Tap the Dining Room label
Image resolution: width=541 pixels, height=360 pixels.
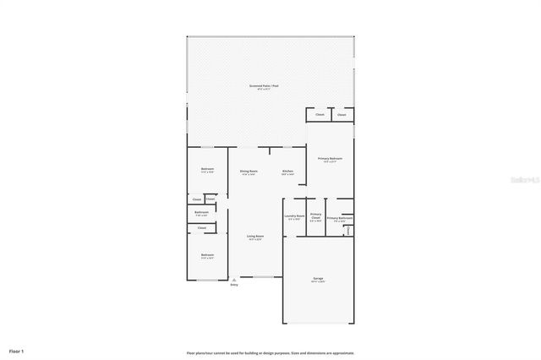click(x=249, y=172)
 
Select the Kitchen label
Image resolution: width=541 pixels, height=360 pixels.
click(x=287, y=172)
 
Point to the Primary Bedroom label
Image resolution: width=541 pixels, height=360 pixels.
click(x=330, y=159)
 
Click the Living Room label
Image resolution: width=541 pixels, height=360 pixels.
click(x=254, y=237)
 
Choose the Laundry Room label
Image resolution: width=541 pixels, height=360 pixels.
click(x=293, y=215)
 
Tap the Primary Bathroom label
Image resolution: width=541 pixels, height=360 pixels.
click(x=340, y=219)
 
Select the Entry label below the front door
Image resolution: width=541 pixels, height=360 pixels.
click(x=234, y=285)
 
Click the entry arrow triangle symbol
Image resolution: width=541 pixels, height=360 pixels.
click(x=234, y=280)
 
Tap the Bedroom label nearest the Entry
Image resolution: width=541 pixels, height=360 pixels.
click(x=207, y=255)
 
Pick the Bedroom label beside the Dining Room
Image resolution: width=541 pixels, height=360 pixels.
click(x=207, y=170)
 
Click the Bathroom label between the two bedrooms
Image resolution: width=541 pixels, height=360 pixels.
click(x=201, y=213)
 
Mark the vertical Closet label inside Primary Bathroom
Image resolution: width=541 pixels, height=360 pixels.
click(x=348, y=231)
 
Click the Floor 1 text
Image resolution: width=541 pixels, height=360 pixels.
click(x=17, y=350)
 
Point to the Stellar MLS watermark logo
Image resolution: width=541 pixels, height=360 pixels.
click(x=519, y=180)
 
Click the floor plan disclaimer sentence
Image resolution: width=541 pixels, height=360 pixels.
click(x=270, y=352)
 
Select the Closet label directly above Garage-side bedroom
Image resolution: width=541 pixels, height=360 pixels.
click(x=202, y=228)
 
